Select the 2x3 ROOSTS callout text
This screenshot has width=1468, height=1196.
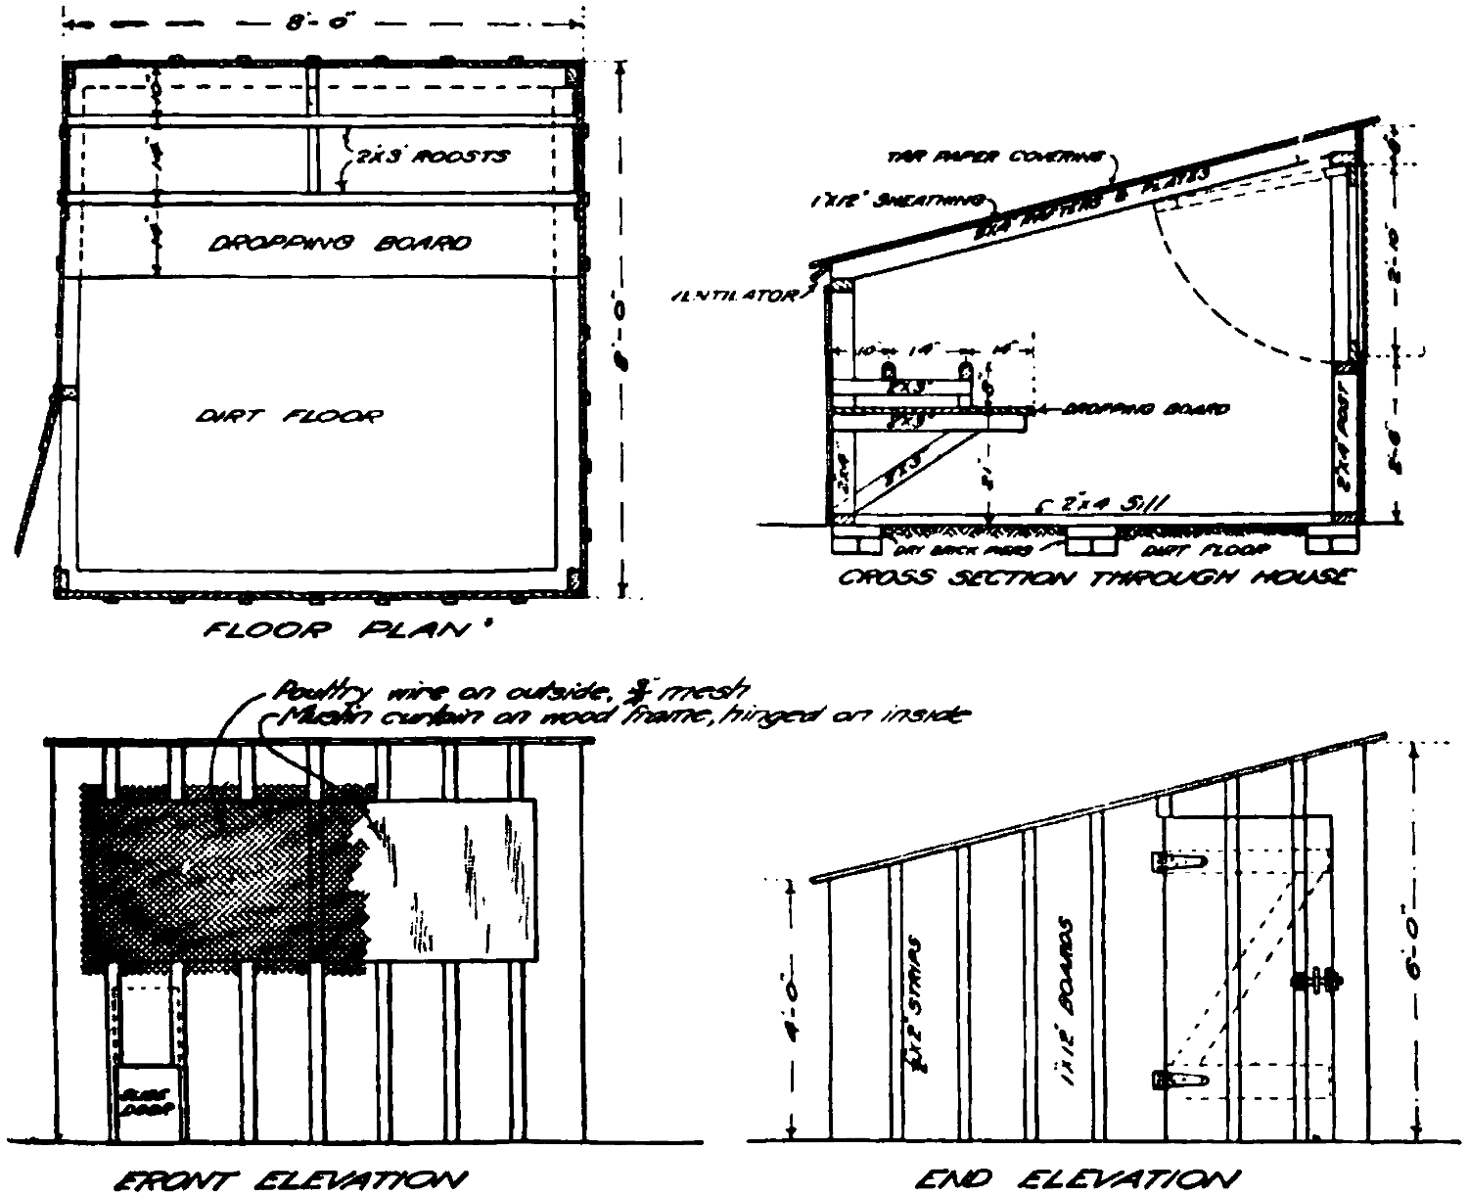click(x=431, y=156)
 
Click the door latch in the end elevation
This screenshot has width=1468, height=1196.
click(x=1317, y=979)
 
